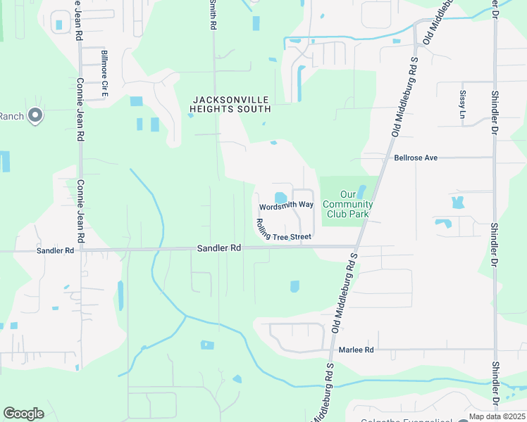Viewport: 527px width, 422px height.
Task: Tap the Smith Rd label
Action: pyautogui.click(x=211, y=14)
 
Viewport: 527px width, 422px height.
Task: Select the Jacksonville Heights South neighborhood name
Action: pyautogui.click(x=230, y=104)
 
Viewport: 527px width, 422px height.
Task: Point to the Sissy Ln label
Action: pyautogui.click(x=463, y=104)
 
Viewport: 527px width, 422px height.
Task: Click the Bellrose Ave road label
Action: pyautogui.click(x=416, y=158)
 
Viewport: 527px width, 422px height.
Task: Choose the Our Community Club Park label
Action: pyautogui.click(x=347, y=204)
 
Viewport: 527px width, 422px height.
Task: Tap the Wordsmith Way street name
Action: pyautogui.click(x=286, y=205)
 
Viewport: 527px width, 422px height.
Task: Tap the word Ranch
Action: pyautogui.click(x=11, y=116)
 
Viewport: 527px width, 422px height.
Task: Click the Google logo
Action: pyautogui.click(x=23, y=414)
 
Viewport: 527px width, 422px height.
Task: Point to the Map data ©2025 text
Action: pyautogui.click(x=497, y=416)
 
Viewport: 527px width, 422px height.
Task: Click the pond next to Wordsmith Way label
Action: pyautogui.click(x=280, y=197)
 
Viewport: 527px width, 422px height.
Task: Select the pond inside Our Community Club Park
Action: pyautogui.click(x=361, y=191)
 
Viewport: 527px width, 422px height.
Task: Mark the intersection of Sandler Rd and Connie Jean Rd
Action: pyautogui.click(x=82, y=249)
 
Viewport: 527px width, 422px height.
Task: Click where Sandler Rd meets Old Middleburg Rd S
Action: pyautogui.click(x=356, y=247)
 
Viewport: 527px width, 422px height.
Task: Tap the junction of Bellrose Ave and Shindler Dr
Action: pyautogui.click(x=495, y=158)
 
